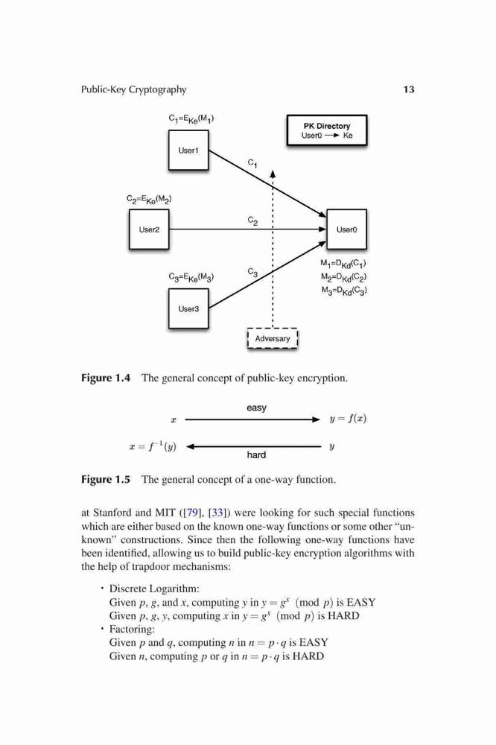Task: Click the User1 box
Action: [188, 150]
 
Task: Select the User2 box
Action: [149, 229]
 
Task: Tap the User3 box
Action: [188, 309]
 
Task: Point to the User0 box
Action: [347, 229]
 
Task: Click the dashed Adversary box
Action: [273, 339]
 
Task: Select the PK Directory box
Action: [327, 130]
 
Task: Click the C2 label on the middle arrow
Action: [252, 221]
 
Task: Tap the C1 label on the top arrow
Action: [252, 163]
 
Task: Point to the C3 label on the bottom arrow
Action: [252, 273]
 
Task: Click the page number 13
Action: [409, 89]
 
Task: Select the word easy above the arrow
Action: [256, 408]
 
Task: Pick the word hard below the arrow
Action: [256, 454]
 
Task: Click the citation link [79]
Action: [192, 513]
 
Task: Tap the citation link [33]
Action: [218, 513]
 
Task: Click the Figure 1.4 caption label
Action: [106, 378]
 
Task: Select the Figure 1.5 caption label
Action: [106, 479]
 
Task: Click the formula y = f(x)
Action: [348, 419]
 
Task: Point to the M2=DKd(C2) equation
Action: [343, 277]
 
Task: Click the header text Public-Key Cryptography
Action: [134, 90]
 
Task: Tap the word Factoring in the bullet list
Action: [132, 629]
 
